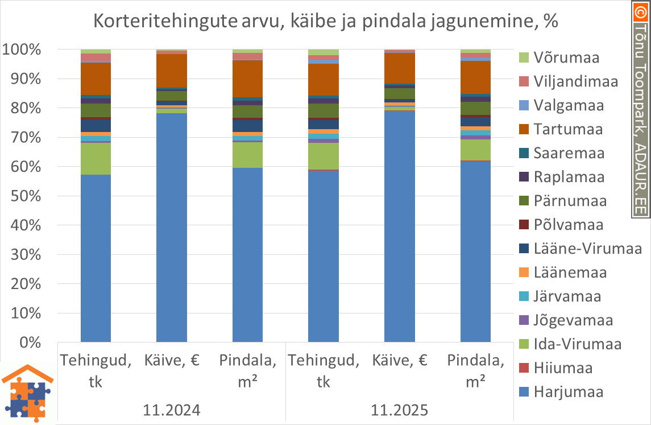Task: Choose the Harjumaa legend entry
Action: click(569, 392)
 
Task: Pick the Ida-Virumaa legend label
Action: click(577, 344)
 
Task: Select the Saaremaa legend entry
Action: click(569, 153)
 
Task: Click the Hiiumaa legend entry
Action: click(563, 368)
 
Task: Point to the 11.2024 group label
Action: click(172, 410)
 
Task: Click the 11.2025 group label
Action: click(399, 410)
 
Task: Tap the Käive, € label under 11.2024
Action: click(172, 360)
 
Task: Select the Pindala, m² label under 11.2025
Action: click(475, 370)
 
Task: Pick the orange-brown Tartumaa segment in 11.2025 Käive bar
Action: click(399, 68)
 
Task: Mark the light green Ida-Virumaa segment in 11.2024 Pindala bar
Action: click(247, 155)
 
